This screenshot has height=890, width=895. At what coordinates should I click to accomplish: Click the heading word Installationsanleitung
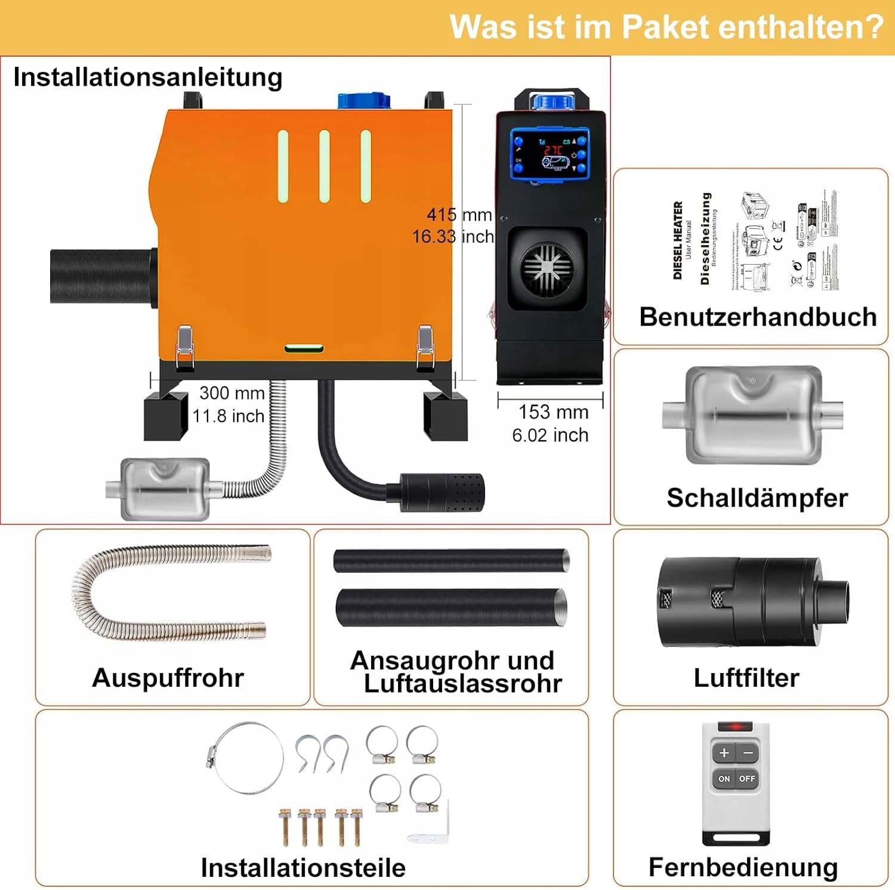coord(147,77)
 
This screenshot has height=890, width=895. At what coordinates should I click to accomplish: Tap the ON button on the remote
coord(724,779)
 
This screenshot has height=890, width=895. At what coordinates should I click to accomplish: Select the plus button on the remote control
coord(724,753)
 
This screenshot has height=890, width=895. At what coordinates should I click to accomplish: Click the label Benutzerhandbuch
coord(758,317)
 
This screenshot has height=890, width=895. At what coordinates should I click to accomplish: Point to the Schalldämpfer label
coord(757,498)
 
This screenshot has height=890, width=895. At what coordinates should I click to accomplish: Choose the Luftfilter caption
coord(746,678)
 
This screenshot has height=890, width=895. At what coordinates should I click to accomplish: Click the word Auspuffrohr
coord(168,678)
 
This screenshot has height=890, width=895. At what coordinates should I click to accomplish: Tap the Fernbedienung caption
coord(743,867)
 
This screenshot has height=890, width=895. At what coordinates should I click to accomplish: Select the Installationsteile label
coord(303,868)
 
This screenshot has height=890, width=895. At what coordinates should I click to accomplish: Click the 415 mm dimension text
coord(459,215)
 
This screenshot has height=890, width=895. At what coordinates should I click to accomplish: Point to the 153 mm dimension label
coord(553,412)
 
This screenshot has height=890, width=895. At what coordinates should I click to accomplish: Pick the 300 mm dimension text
coord(232,393)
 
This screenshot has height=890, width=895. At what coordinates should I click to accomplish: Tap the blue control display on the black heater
coord(550,153)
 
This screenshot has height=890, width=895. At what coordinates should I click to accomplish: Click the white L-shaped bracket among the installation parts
coord(428,826)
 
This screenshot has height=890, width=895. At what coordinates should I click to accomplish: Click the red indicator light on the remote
coord(735,727)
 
